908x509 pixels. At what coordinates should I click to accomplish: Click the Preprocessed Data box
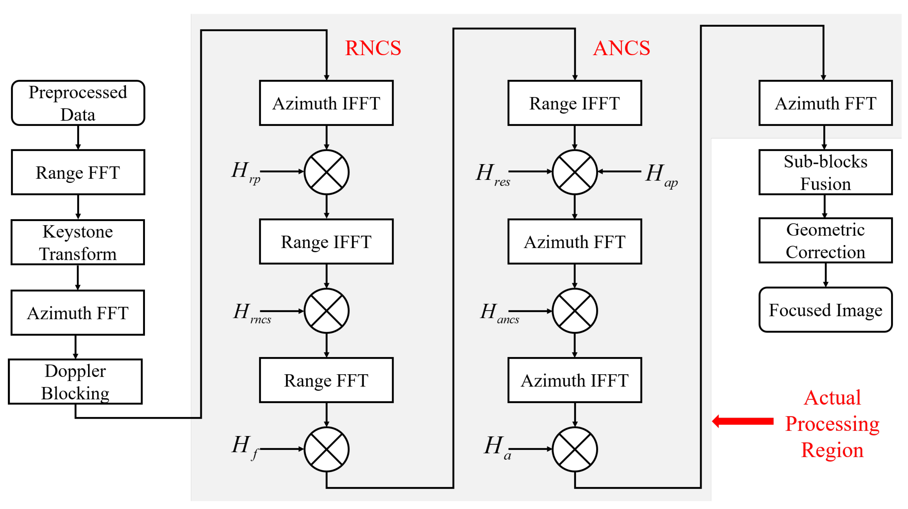pos(78,103)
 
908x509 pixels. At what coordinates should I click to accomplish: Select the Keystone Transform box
pos(77,242)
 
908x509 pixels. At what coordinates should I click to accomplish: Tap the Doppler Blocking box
pos(75,382)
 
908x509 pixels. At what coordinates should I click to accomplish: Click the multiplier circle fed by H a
pos(575,449)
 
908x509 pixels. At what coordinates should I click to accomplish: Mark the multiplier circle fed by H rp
pos(326,172)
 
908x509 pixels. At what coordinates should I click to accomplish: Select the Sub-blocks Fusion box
pos(825,173)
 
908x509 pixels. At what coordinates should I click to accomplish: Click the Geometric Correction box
pos(825,240)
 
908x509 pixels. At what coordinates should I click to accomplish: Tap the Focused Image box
pos(825,310)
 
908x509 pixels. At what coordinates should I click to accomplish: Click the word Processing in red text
pos(832,424)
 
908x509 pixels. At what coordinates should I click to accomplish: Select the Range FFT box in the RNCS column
pos(326,380)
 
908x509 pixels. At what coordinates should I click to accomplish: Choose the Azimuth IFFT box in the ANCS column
pos(575,380)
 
